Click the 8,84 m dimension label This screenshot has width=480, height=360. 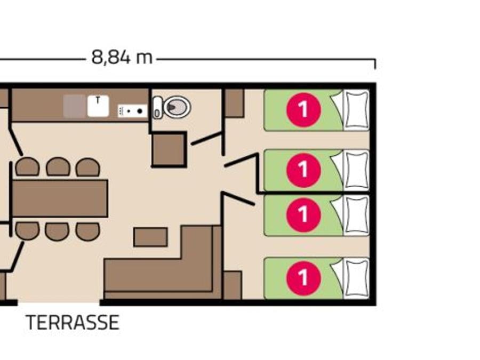coord(122,57)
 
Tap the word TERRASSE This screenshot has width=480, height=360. coord(73,322)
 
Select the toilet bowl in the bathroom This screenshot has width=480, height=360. coord(177,107)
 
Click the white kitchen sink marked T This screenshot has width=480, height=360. coord(98,106)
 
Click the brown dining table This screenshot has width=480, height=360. coord(60,198)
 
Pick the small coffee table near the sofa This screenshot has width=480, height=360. coord(150,237)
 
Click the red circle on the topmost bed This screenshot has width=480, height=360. coord(303,109)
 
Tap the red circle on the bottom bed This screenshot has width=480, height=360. coord(303,278)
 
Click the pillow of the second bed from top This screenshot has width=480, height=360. coord(357,170)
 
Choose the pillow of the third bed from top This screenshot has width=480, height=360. coord(357,215)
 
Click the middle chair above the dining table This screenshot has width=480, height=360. coord(58,167)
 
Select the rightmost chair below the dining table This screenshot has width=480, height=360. coord(88,231)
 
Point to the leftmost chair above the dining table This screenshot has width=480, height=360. coord(28,167)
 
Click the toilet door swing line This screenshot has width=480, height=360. coord(206,138)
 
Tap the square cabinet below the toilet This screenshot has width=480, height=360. coord(169,149)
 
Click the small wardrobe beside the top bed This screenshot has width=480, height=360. coord(235,103)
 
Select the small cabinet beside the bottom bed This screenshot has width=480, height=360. coord(233,285)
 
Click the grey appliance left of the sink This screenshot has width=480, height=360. coord(74,106)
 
